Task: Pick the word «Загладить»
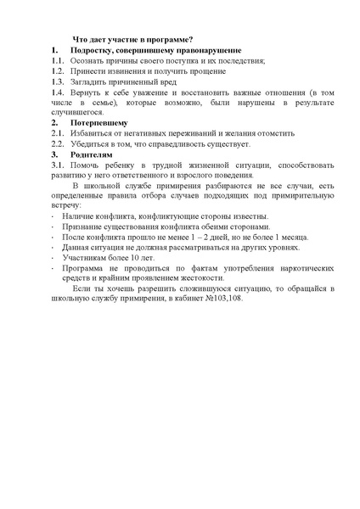click(91, 82)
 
